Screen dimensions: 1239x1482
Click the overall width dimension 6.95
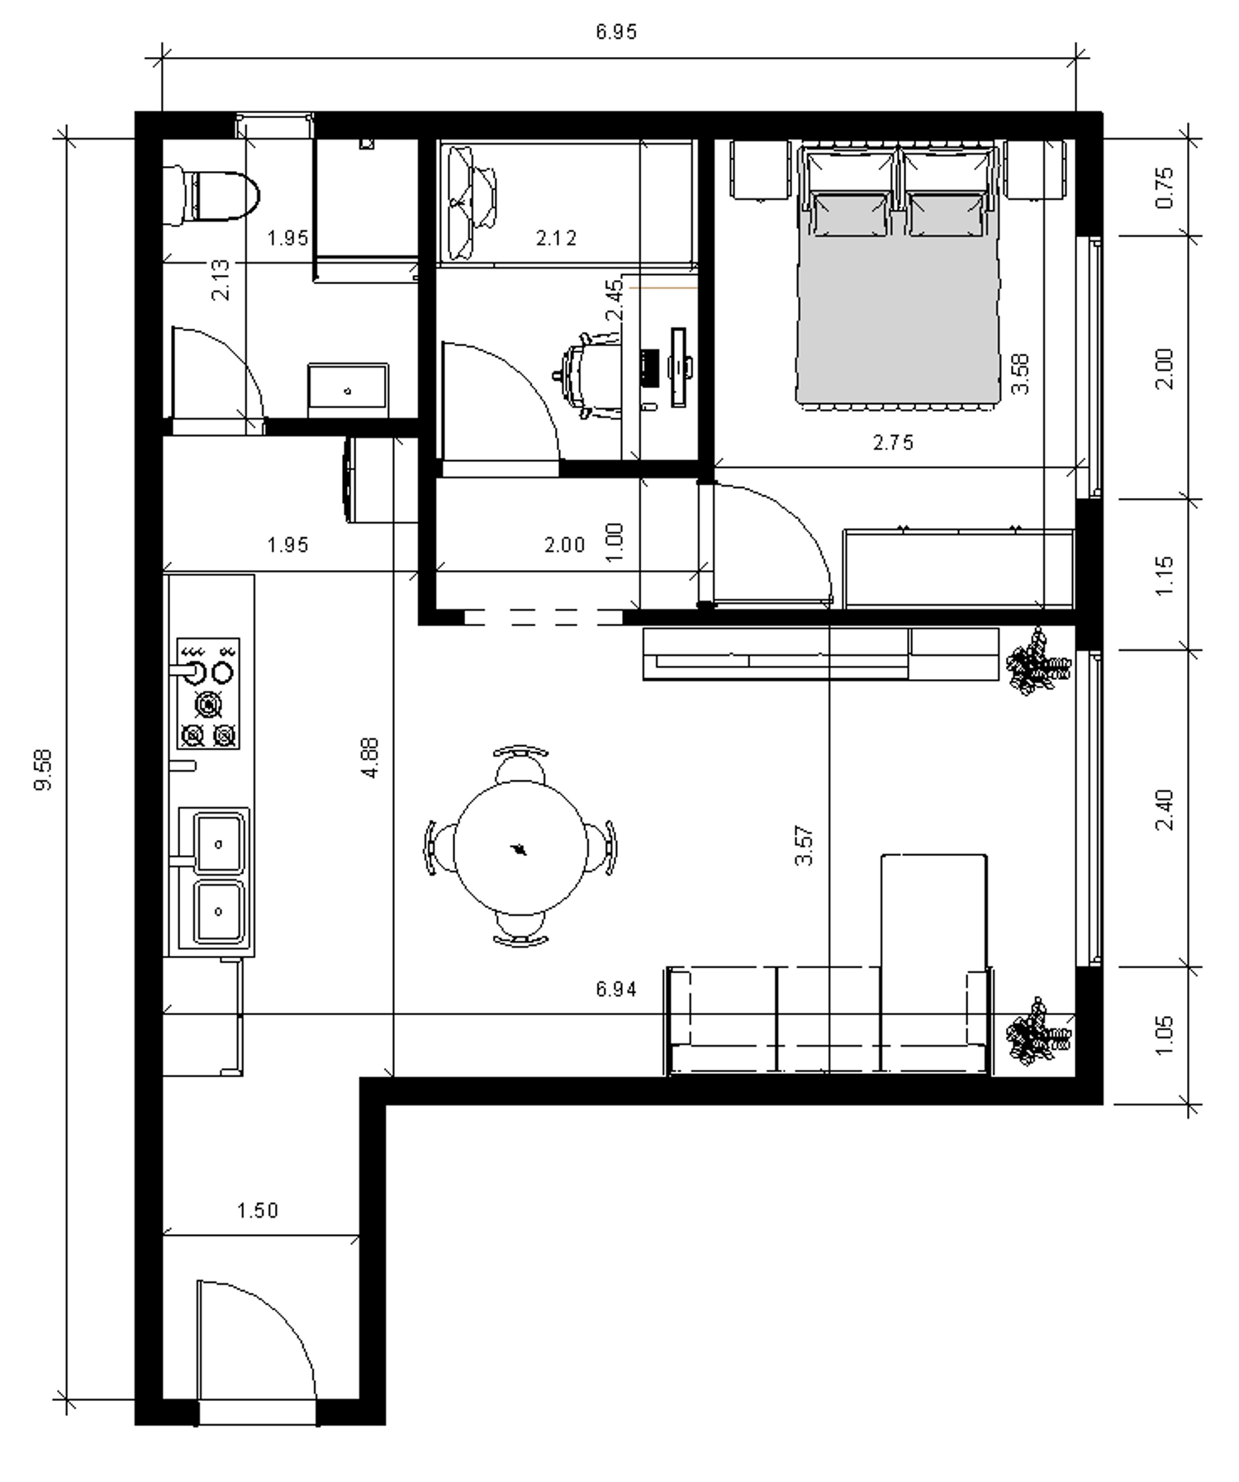tap(616, 32)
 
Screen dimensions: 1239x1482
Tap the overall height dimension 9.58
tap(43, 769)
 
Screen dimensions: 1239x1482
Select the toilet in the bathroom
tap(212, 196)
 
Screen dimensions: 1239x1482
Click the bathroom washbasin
tap(348, 390)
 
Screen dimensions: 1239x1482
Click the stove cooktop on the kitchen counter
tap(208, 692)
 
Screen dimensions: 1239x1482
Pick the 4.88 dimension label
tap(370, 758)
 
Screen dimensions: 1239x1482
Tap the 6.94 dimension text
tap(616, 988)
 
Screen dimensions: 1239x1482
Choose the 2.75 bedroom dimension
tap(893, 443)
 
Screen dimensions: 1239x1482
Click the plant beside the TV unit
tap(1037, 661)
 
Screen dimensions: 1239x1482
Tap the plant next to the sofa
tap(1037, 1032)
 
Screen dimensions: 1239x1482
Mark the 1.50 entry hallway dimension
tap(258, 1211)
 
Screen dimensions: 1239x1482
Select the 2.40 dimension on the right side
tap(1164, 810)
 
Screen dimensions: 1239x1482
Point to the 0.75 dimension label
tap(1164, 188)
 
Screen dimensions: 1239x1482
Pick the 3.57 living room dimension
tap(804, 845)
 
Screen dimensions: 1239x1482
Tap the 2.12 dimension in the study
tap(556, 239)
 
